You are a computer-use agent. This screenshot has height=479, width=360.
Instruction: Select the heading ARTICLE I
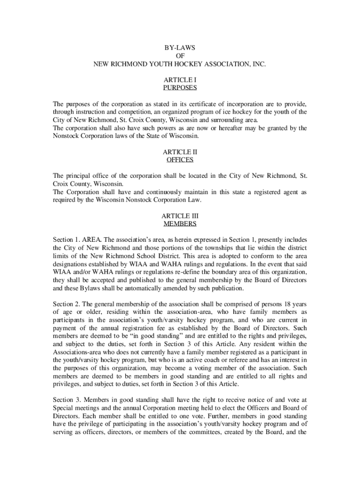click(180, 80)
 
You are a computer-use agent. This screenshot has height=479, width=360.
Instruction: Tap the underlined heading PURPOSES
click(180, 87)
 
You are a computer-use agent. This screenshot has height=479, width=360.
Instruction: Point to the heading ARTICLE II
click(180, 152)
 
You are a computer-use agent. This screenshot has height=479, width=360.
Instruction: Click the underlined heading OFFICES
click(180, 160)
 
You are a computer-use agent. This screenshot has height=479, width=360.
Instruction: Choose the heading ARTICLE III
click(180, 216)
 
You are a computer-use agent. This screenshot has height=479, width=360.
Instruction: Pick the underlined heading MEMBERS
click(180, 224)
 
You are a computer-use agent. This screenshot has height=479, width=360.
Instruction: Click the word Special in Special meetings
click(64, 408)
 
